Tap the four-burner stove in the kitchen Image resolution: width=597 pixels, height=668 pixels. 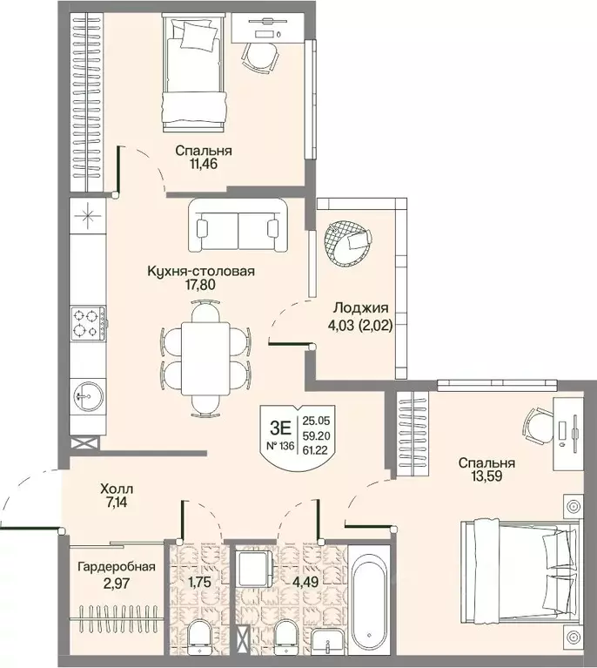coord(88,323)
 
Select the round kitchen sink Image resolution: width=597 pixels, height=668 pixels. coord(87,396)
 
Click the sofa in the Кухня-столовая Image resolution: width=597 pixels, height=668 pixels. coord(238,226)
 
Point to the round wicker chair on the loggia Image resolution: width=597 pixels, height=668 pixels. coord(346,243)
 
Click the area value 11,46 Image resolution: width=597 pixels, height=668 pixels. coord(204,164)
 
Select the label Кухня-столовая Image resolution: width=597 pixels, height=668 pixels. coord(200,271)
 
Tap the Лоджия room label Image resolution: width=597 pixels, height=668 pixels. coord(360,307)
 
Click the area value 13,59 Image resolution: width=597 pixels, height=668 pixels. coord(486,476)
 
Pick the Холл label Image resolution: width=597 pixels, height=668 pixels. coord(117,489)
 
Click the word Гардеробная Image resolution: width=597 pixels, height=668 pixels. coord(117,567)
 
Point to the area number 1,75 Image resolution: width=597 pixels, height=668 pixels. coord(199,582)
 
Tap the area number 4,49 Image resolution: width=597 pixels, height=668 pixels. coord(305,582)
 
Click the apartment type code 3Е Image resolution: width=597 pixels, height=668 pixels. coord(280,427)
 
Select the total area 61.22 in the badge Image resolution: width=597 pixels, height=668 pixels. coord(315,450)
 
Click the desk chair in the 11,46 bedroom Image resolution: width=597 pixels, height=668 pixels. coord(260,57)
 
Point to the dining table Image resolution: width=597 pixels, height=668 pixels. coord(205,359)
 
